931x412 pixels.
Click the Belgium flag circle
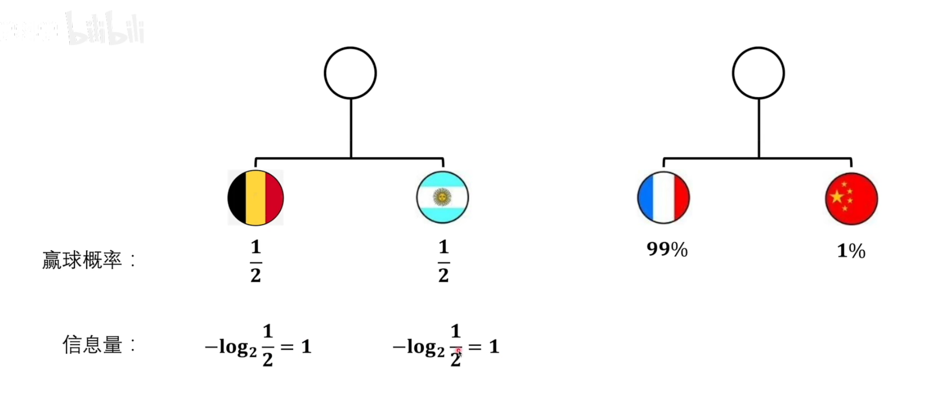tap(255, 198)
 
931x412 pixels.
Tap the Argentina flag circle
tap(442, 198)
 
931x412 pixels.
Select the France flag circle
tap(663, 198)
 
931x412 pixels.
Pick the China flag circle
tap(851, 199)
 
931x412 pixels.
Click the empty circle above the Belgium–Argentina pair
tap(350, 73)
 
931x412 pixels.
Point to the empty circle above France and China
tap(758, 73)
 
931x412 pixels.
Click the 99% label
tap(667, 249)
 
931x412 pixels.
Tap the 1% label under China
tap(851, 251)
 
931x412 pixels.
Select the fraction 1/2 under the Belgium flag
tap(255, 261)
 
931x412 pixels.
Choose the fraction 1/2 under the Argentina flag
tap(443, 261)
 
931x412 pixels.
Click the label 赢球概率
tap(82, 260)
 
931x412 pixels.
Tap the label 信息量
tap(93, 345)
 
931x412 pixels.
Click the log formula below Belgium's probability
tap(258, 346)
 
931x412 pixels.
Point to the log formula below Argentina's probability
tap(445, 346)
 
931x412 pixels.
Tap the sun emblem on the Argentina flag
tap(442, 197)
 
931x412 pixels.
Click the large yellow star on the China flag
tap(837, 196)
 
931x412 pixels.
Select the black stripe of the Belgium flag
tap(237, 198)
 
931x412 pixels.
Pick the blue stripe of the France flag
tap(646, 198)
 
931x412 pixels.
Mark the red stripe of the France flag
tap(681, 198)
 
